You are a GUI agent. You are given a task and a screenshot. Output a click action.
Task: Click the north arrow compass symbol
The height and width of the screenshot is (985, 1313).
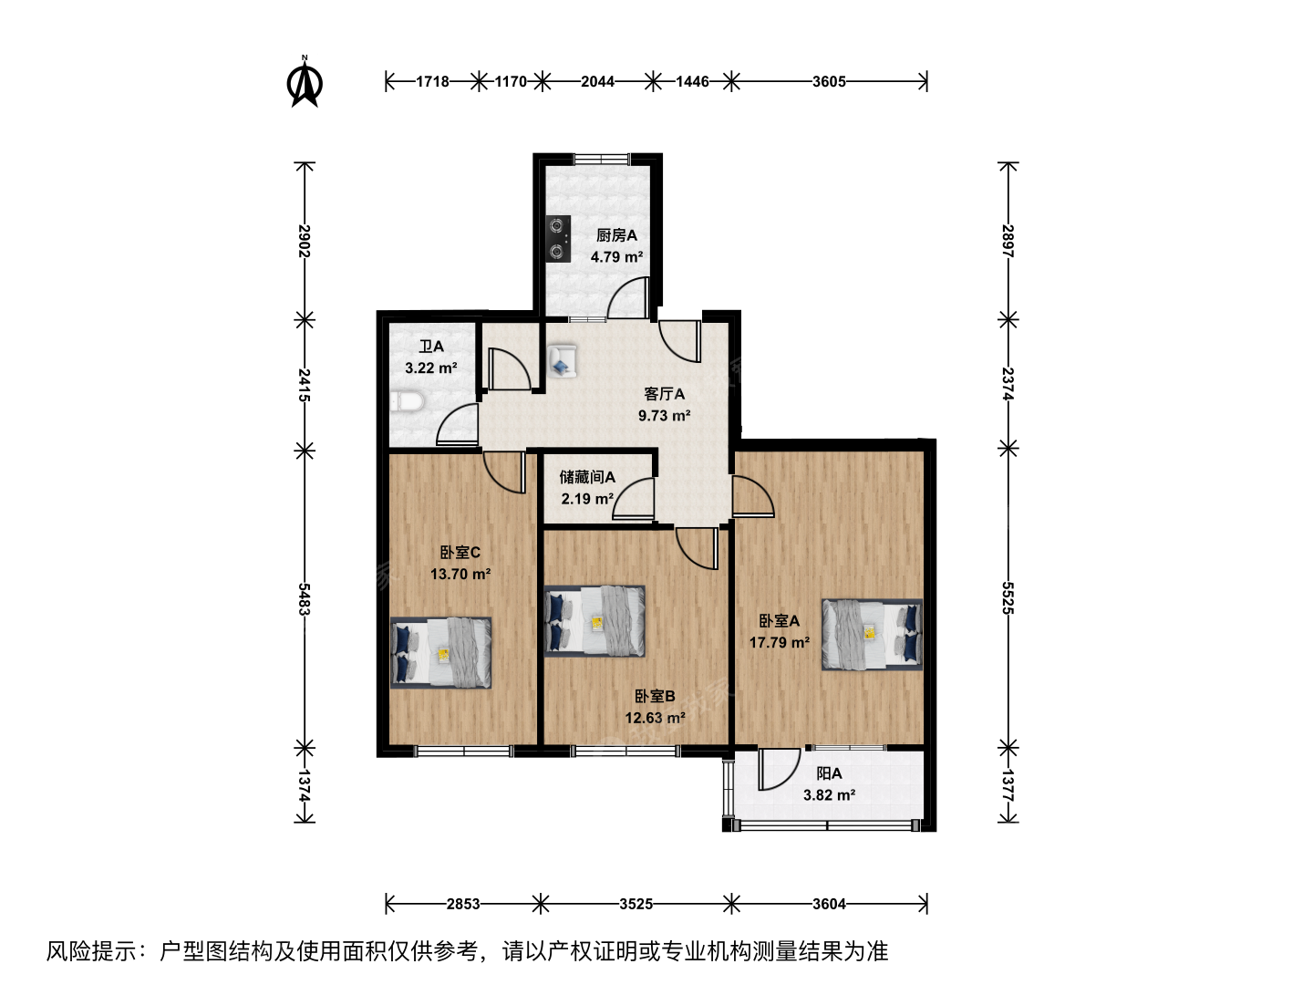click(305, 82)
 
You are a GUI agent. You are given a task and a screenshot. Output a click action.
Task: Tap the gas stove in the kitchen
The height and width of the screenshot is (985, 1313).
click(557, 239)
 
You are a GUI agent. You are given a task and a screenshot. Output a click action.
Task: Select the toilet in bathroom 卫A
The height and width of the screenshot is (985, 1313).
click(407, 401)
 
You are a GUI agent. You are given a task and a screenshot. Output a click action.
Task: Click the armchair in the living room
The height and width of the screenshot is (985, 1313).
click(563, 360)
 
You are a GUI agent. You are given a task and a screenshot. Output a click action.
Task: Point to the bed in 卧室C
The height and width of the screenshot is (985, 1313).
click(440, 652)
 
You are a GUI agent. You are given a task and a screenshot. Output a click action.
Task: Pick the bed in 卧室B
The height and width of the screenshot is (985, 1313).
click(594, 621)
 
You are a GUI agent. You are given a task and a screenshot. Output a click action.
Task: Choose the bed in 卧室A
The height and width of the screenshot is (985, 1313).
click(873, 635)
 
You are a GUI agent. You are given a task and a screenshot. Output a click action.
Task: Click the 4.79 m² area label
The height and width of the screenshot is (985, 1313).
click(616, 257)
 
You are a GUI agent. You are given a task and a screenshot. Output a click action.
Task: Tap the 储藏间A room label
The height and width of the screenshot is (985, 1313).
click(587, 477)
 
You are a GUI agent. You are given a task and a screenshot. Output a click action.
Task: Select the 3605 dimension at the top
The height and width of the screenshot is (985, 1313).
click(829, 81)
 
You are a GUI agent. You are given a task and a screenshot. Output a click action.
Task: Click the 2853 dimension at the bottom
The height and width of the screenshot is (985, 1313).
click(463, 904)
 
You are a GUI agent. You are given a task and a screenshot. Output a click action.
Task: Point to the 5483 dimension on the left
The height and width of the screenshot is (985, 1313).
click(305, 598)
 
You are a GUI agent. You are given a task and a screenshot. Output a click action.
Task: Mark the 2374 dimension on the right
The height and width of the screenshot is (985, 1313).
click(1008, 384)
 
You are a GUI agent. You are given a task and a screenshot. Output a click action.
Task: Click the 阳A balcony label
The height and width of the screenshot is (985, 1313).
click(829, 774)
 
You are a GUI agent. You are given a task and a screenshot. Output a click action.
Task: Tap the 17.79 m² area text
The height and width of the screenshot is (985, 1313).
click(780, 642)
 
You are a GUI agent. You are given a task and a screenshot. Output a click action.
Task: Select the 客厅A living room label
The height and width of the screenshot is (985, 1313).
click(664, 394)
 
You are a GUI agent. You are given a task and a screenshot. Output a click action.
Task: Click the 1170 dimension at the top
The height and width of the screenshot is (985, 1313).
click(511, 81)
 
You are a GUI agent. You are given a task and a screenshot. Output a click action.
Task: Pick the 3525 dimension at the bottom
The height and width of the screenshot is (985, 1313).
click(636, 904)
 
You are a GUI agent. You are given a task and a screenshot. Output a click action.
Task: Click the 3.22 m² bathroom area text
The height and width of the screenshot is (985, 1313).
click(431, 368)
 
